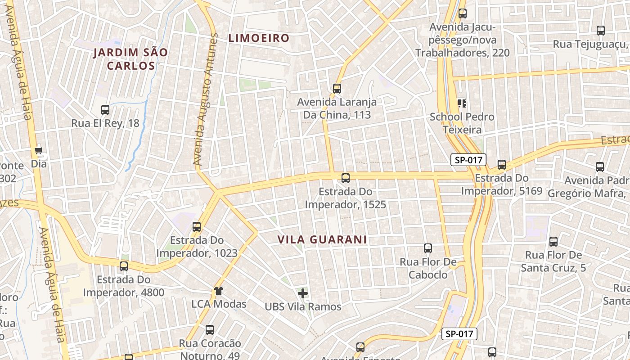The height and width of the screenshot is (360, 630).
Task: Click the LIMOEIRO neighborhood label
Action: tap(258, 38)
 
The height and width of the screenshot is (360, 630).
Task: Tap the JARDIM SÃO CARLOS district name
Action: tap(130, 59)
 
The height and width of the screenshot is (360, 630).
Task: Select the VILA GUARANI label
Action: tap(322, 240)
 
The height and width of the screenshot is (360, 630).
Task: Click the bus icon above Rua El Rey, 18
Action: tap(105, 109)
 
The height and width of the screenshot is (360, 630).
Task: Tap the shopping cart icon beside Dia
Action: tap(39, 150)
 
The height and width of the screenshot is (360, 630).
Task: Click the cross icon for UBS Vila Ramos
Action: tap(303, 293)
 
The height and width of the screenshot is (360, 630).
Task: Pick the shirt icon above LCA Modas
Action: tap(219, 291)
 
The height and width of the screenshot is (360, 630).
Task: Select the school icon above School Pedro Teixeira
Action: tap(462, 103)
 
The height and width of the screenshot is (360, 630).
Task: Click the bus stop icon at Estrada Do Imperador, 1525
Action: tap(345, 178)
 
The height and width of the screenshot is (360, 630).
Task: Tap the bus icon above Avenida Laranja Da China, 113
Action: tap(337, 89)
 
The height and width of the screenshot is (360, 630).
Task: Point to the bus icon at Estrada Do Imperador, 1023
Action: tap(197, 227)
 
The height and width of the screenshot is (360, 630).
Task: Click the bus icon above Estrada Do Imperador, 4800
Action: tap(124, 266)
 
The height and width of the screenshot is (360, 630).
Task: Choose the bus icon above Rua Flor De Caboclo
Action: tap(428, 248)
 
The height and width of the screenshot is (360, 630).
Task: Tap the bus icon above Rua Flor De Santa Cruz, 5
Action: tap(553, 242)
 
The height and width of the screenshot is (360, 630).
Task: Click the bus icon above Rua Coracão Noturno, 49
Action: tap(210, 330)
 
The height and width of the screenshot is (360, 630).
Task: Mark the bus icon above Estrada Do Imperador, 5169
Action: tap(502, 165)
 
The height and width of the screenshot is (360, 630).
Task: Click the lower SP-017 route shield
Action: tap(459, 334)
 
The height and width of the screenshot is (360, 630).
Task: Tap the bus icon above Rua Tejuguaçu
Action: tap(601, 31)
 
